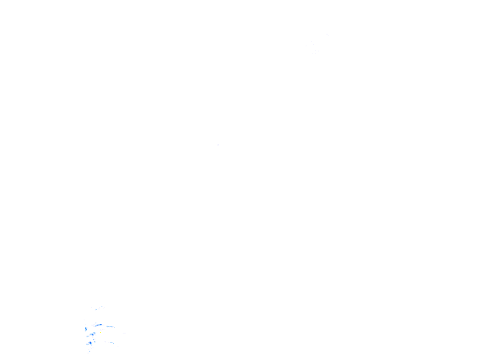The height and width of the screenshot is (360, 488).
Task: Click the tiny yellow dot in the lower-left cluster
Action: coord(100,332)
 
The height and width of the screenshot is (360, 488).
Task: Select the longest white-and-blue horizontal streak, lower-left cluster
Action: coord(98,325)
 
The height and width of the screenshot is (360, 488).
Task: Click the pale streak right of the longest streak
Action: coord(110,326)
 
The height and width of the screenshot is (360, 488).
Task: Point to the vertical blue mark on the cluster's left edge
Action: coord(86,329)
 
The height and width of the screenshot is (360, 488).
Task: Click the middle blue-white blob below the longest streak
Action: coord(92,335)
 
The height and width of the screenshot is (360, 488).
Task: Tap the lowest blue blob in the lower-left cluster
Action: coord(90,343)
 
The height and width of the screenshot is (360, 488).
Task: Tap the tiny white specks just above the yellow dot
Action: coord(102,329)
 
